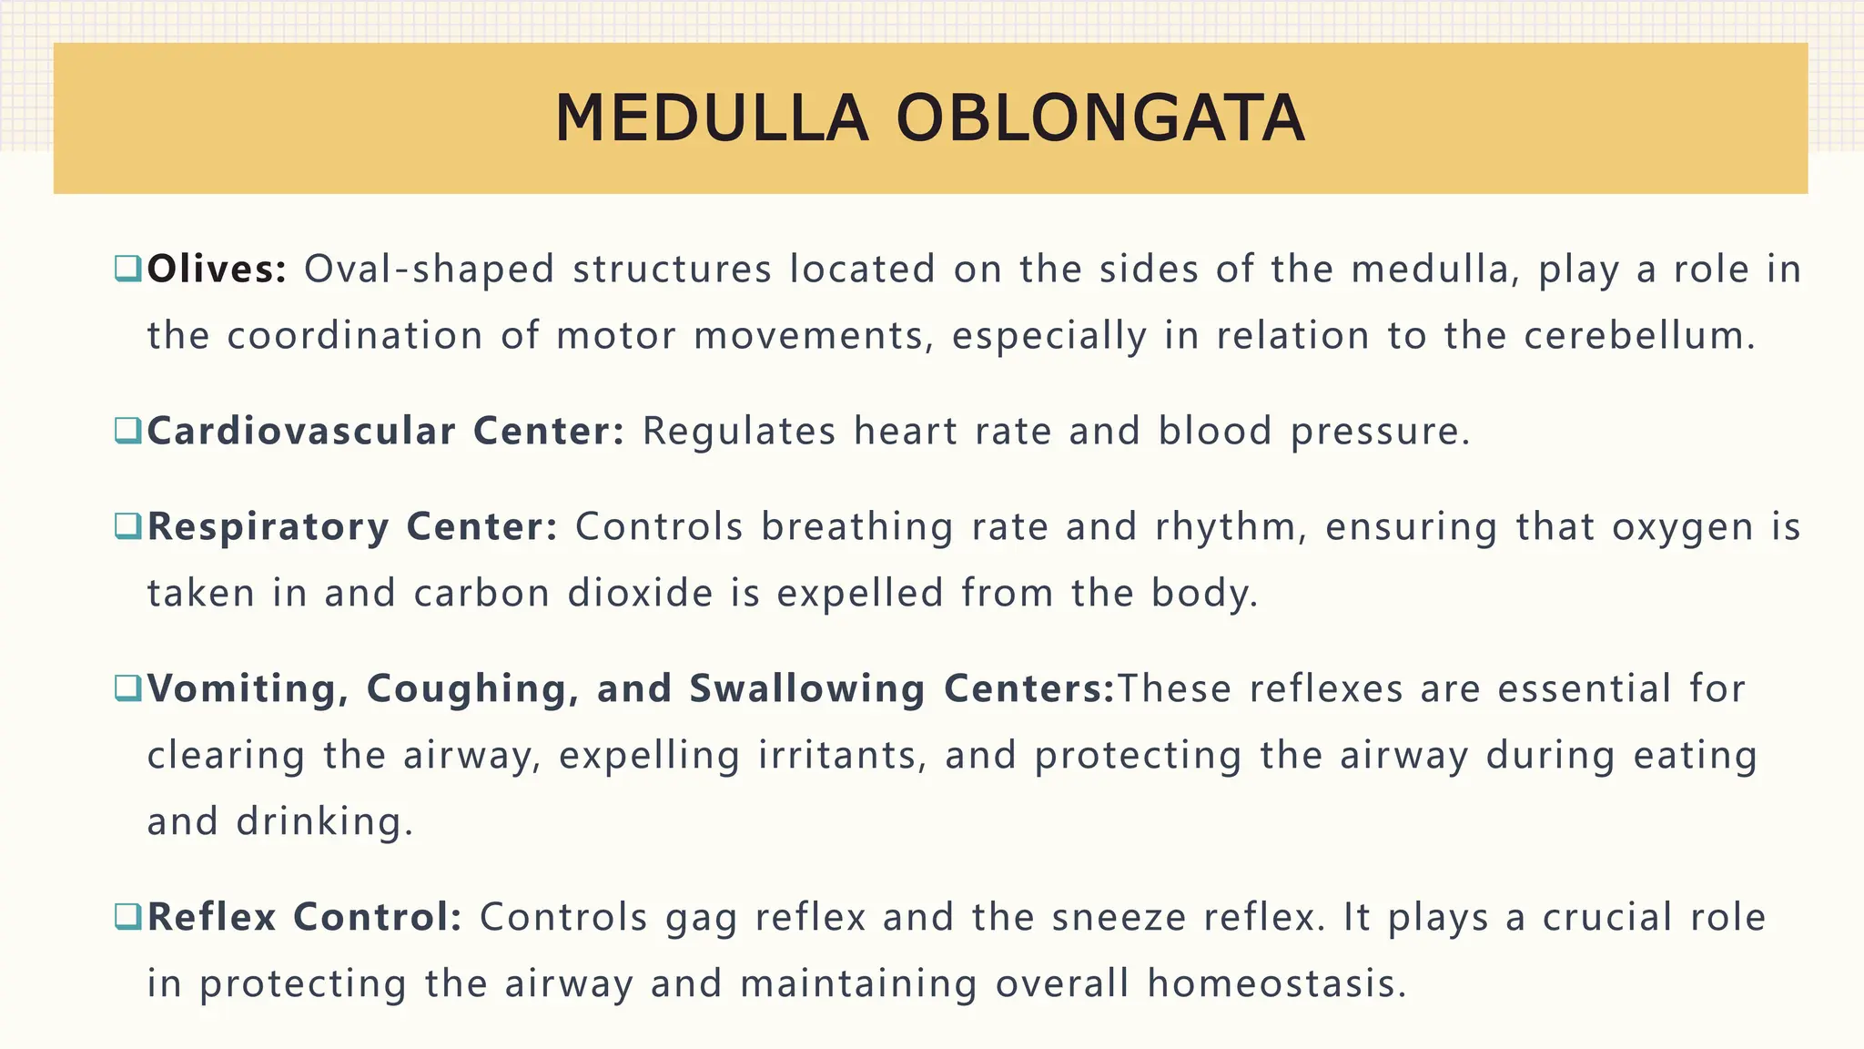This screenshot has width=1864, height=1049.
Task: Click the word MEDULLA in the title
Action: [711, 119]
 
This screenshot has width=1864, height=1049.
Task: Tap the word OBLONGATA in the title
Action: [1100, 119]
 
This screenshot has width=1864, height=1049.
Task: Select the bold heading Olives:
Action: [217, 270]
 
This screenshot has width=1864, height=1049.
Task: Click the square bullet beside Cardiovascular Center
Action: [127, 430]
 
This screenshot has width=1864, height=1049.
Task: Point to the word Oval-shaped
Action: [429, 270]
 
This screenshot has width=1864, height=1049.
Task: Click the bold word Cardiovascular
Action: [301, 431]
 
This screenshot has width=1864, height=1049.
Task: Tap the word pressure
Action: [1380, 432]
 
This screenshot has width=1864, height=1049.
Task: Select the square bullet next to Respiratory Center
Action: [127, 525]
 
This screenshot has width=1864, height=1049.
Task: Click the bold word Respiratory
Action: [268, 527]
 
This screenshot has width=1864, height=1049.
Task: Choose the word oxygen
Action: [1683, 527]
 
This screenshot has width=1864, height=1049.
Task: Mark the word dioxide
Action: [640, 594]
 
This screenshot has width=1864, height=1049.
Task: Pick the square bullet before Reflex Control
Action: [127, 916]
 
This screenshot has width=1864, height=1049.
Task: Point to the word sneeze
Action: [1119, 918]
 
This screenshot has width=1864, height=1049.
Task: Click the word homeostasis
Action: [1276, 984]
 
